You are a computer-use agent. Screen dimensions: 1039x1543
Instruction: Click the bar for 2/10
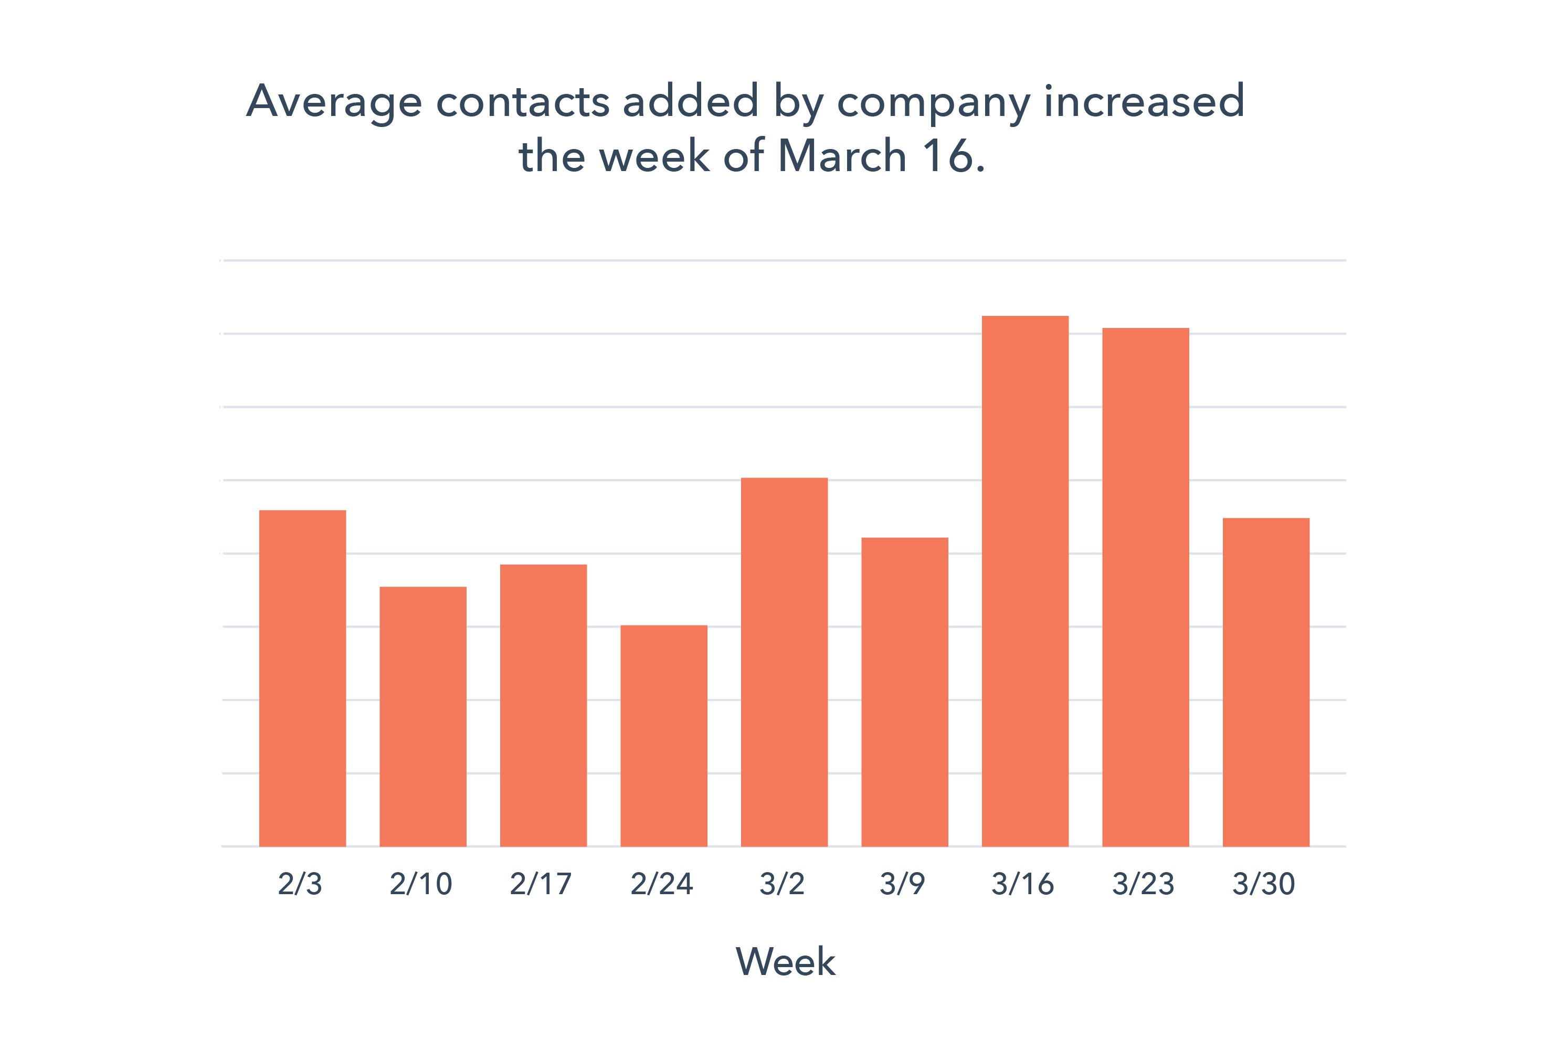tap(423, 716)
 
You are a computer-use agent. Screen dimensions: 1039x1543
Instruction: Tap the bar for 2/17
tap(544, 705)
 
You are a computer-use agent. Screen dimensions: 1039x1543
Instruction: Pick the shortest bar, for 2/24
tap(663, 736)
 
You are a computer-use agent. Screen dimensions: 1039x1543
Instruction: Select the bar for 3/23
tap(1145, 587)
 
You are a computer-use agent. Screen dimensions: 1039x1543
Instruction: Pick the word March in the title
tap(842, 156)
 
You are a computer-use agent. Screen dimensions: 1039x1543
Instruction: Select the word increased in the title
tap(1144, 101)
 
